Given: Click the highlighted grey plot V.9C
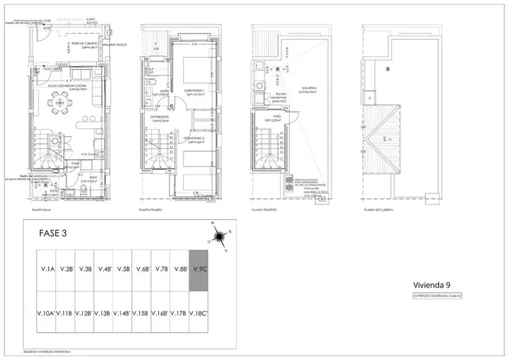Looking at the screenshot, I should point(199,270).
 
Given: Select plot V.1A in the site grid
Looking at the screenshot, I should point(47,270).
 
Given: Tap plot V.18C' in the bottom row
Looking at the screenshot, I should point(199,313).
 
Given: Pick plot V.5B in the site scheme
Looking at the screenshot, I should point(123,270).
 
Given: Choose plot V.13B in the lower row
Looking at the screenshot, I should point(104,313).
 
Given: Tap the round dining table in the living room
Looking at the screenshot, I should point(58,109).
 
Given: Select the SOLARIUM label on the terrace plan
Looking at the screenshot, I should point(309,89).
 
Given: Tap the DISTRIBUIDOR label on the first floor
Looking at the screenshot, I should point(160,119).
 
